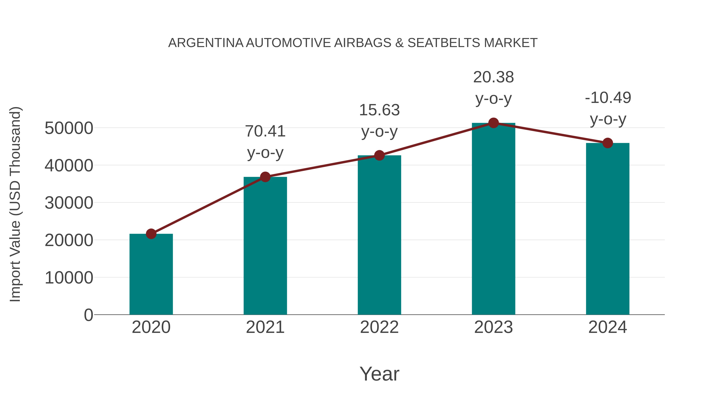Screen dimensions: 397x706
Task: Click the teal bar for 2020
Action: tap(151, 274)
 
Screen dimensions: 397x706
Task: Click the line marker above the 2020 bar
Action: tap(151, 234)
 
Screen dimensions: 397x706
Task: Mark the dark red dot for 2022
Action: tap(379, 155)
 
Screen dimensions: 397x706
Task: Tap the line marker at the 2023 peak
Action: tap(493, 123)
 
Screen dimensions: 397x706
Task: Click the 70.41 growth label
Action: tap(265, 131)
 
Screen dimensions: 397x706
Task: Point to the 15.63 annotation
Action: tap(379, 110)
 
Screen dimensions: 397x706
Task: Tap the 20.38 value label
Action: tap(493, 77)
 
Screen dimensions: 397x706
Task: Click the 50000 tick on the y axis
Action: tap(69, 128)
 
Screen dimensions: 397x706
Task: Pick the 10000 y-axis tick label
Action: tap(69, 278)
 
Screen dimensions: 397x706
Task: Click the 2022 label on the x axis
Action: tap(379, 327)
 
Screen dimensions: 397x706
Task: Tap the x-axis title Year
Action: tap(379, 374)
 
